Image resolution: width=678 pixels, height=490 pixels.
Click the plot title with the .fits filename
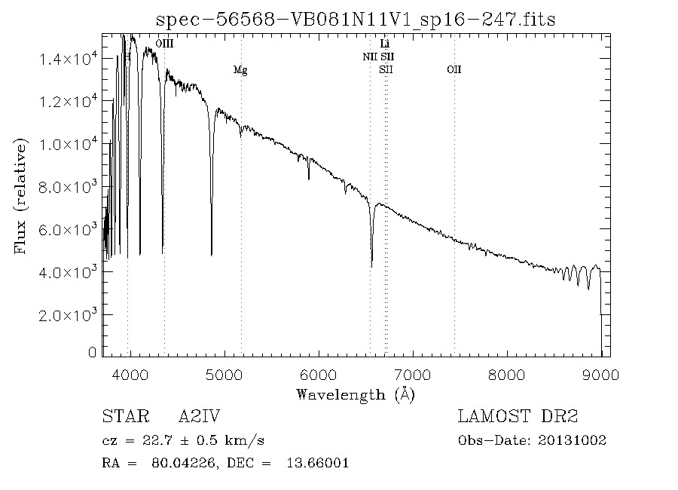pyautogui.click(x=355, y=19)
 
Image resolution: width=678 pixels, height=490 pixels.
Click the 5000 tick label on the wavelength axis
pyautogui.click(x=224, y=372)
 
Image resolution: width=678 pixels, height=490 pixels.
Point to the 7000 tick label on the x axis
pyautogui.click(x=412, y=372)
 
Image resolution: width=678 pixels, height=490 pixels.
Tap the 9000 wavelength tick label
pyautogui.click(x=600, y=372)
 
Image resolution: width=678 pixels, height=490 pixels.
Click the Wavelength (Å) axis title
pyautogui.click(x=356, y=394)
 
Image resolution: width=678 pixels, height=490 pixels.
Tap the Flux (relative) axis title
pyautogui.click(x=20, y=196)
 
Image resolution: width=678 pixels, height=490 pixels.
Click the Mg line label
pyautogui.click(x=240, y=70)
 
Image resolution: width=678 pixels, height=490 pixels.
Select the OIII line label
pyautogui.click(x=164, y=44)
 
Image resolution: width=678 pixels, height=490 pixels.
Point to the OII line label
pyautogui.click(x=454, y=70)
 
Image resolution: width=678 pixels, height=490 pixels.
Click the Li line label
pyautogui.click(x=385, y=44)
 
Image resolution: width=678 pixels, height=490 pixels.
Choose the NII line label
pyautogui.click(x=370, y=57)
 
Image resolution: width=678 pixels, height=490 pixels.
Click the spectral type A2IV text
pyautogui.click(x=200, y=417)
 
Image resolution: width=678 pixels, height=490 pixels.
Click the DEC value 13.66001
pyautogui.click(x=317, y=463)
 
